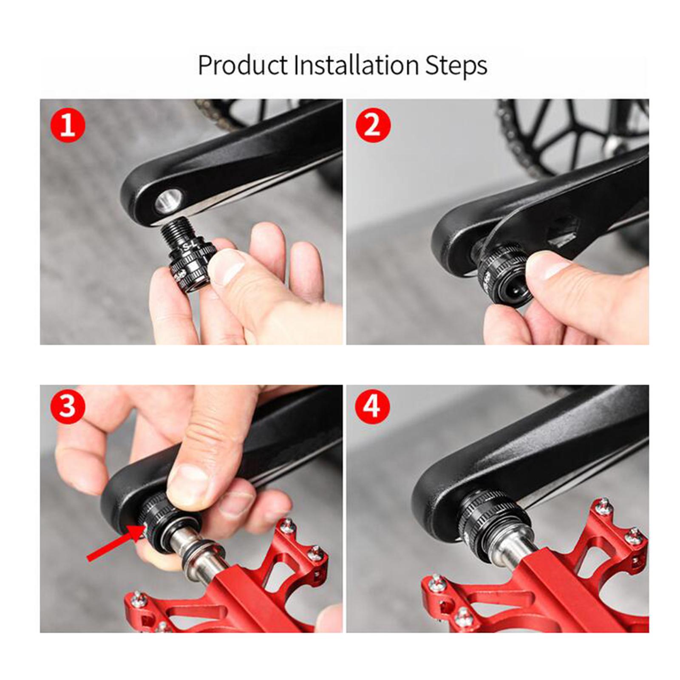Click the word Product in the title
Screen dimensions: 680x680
coord(243,65)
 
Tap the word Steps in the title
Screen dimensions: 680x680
coord(456,66)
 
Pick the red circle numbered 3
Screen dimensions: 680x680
coord(68,407)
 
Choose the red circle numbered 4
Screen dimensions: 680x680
coord(373,407)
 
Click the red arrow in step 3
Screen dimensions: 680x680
coord(115,542)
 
